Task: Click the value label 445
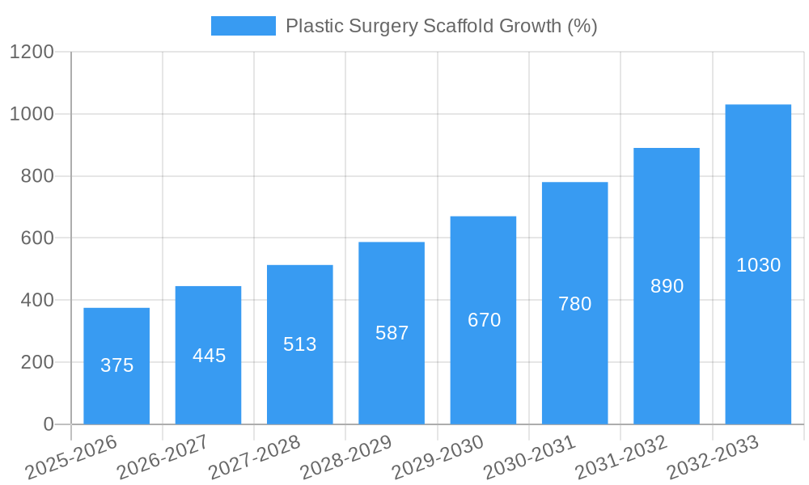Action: click(209, 356)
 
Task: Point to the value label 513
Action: click(300, 344)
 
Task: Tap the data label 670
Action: click(484, 320)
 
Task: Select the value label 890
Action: click(667, 286)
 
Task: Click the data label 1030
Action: click(758, 265)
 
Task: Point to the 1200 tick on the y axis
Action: click(32, 53)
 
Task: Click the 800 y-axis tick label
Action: click(37, 176)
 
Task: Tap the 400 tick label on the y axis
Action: click(37, 301)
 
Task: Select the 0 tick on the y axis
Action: click(49, 424)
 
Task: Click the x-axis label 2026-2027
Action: click(163, 457)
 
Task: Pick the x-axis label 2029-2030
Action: click(438, 457)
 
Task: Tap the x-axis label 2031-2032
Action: click(621, 457)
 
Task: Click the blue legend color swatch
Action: click(243, 26)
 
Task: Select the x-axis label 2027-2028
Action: click(254, 457)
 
